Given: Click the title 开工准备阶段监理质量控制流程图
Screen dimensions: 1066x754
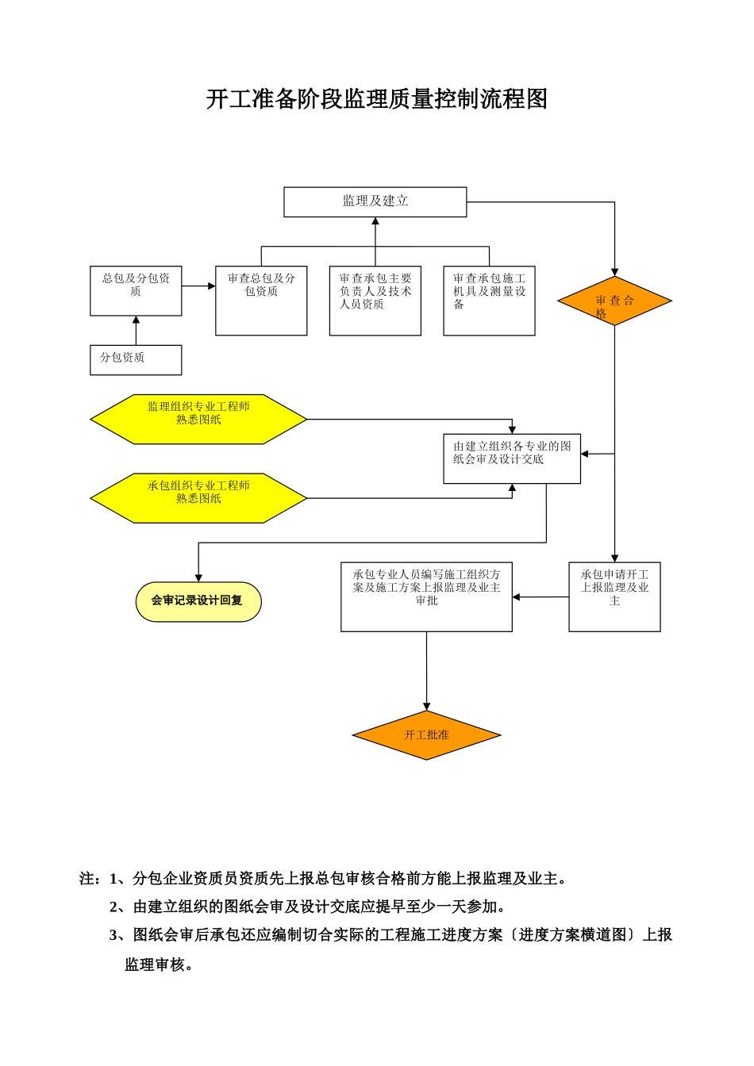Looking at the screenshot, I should [x=376, y=99].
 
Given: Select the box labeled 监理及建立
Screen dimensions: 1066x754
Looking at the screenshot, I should [x=375, y=201].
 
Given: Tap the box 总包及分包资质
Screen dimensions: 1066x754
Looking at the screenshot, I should [x=136, y=290].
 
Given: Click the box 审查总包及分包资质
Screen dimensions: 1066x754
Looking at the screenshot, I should [x=261, y=300].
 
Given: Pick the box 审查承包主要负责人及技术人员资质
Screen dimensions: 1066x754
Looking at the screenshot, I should [x=375, y=300].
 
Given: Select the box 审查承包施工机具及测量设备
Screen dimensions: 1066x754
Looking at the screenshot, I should [x=489, y=300].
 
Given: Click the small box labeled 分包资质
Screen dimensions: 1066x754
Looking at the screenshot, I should [x=136, y=359].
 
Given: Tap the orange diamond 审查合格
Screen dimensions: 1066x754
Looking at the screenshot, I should [x=614, y=301].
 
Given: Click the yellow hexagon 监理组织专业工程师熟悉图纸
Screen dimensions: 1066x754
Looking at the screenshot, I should [x=198, y=419].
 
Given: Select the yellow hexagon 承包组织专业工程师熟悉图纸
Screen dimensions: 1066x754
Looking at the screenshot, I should [x=198, y=498].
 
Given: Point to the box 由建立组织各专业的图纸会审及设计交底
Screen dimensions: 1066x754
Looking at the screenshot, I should [x=512, y=458].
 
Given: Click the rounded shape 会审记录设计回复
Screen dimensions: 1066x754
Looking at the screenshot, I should [x=198, y=600].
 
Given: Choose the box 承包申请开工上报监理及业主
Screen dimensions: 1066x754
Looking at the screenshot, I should [x=614, y=596].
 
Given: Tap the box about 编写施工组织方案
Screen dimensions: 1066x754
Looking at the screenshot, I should [x=426, y=596].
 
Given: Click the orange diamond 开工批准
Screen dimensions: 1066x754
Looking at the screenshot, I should [x=426, y=735].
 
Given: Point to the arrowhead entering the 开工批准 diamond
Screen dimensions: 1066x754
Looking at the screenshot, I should [x=426, y=706].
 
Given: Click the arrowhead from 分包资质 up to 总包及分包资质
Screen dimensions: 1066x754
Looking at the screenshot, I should [x=136, y=320].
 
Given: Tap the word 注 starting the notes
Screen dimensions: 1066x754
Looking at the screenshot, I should [x=87, y=879].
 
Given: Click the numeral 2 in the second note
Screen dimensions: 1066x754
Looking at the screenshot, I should [x=113, y=907].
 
